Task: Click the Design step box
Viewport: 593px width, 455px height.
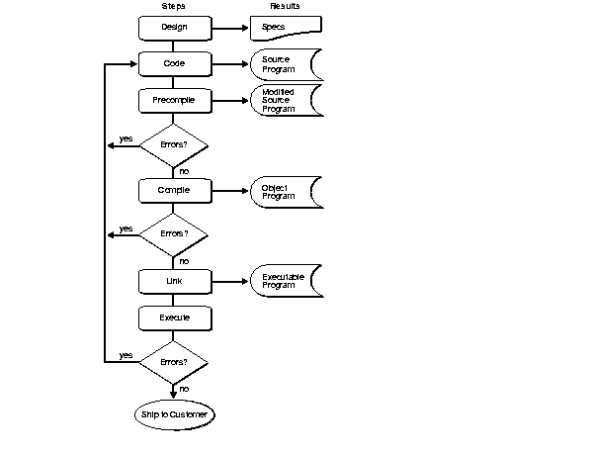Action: (x=173, y=27)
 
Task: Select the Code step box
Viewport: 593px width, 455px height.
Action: (x=173, y=63)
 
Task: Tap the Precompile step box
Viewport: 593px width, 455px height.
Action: (x=173, y=100)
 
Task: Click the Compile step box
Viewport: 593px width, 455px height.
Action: (x=173, y=189)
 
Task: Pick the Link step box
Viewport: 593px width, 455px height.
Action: (x=173, y=281)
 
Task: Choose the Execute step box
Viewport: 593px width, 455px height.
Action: (x=173, y=318)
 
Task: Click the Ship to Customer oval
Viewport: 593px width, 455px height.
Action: (x=173, y=414)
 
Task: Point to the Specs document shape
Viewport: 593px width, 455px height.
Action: (x=285, y=28)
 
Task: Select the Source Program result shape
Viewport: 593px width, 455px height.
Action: (x=286, y=64)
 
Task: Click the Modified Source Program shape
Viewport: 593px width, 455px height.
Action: (x=286, y=100)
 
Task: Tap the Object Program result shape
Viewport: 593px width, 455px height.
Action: (x=286, y=190)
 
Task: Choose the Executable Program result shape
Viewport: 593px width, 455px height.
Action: (x=286, y=281)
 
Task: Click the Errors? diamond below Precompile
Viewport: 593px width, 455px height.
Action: (x=173, y=144)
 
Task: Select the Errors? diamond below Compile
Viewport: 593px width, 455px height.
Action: (x=173, y=234)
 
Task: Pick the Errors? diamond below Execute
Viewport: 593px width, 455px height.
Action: (x=173, y=362)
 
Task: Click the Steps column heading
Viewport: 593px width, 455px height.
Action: (x=173, y=7)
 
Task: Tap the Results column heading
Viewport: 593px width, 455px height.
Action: (x=285, y=7)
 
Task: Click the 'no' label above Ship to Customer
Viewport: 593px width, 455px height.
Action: (x=184, y=389)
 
